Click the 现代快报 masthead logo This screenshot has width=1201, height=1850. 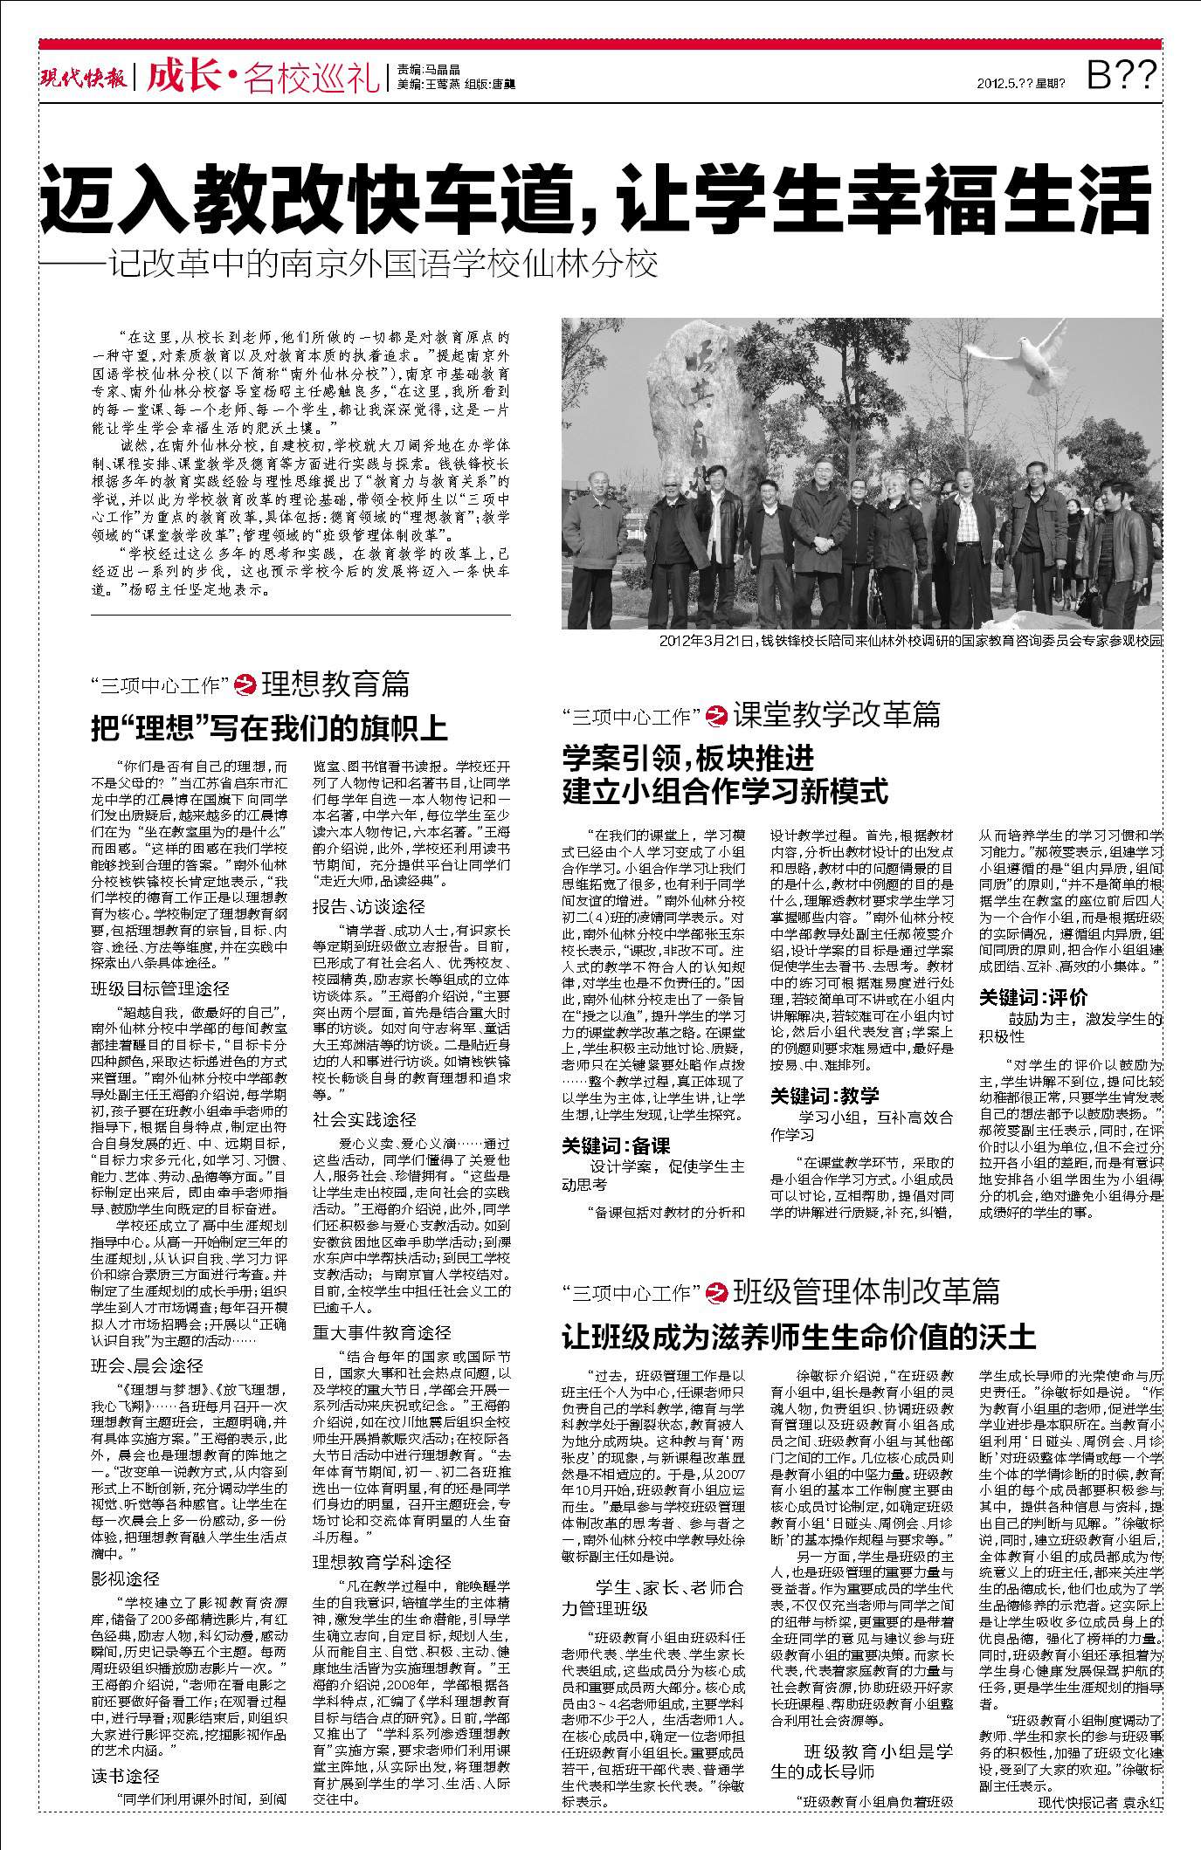tap(85, 78)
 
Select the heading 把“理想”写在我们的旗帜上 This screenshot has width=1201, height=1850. tap(269, 727)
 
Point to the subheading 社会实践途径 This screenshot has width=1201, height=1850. tap(364, 1119)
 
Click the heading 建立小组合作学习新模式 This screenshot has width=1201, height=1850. tap(725, 791)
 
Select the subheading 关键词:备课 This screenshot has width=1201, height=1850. tap(616, 1145)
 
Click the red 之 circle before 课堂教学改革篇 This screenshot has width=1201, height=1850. tap(717, 715)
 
